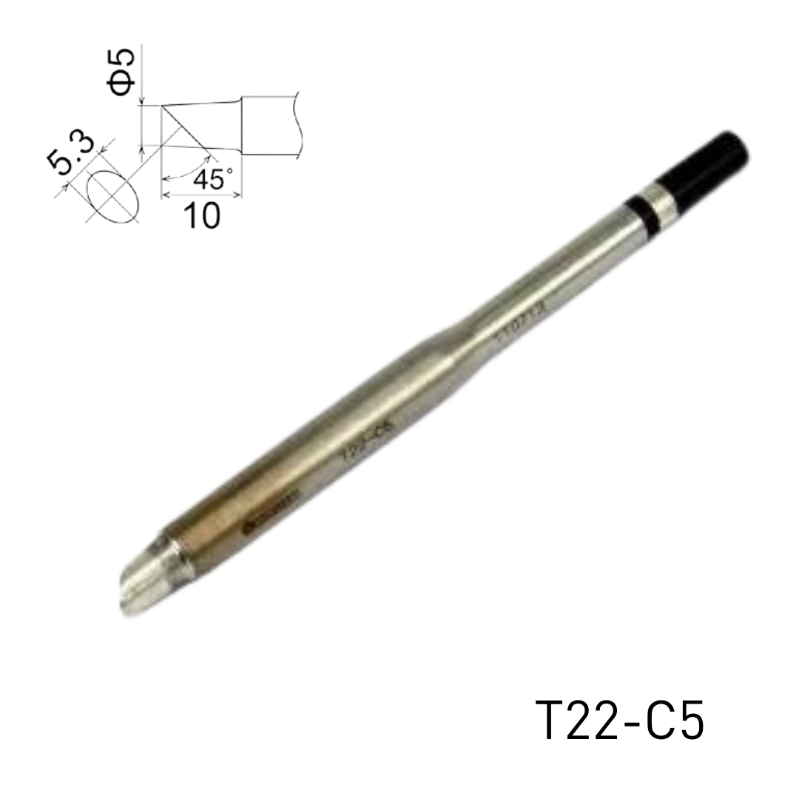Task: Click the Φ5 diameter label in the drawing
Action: [x=123, y=71]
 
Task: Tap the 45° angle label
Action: [x=212, y=179]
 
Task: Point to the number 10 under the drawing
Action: [x=200, y=215]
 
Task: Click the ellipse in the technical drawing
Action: [x=112, y=196]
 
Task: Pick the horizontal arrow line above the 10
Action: [x=201, y=195]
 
